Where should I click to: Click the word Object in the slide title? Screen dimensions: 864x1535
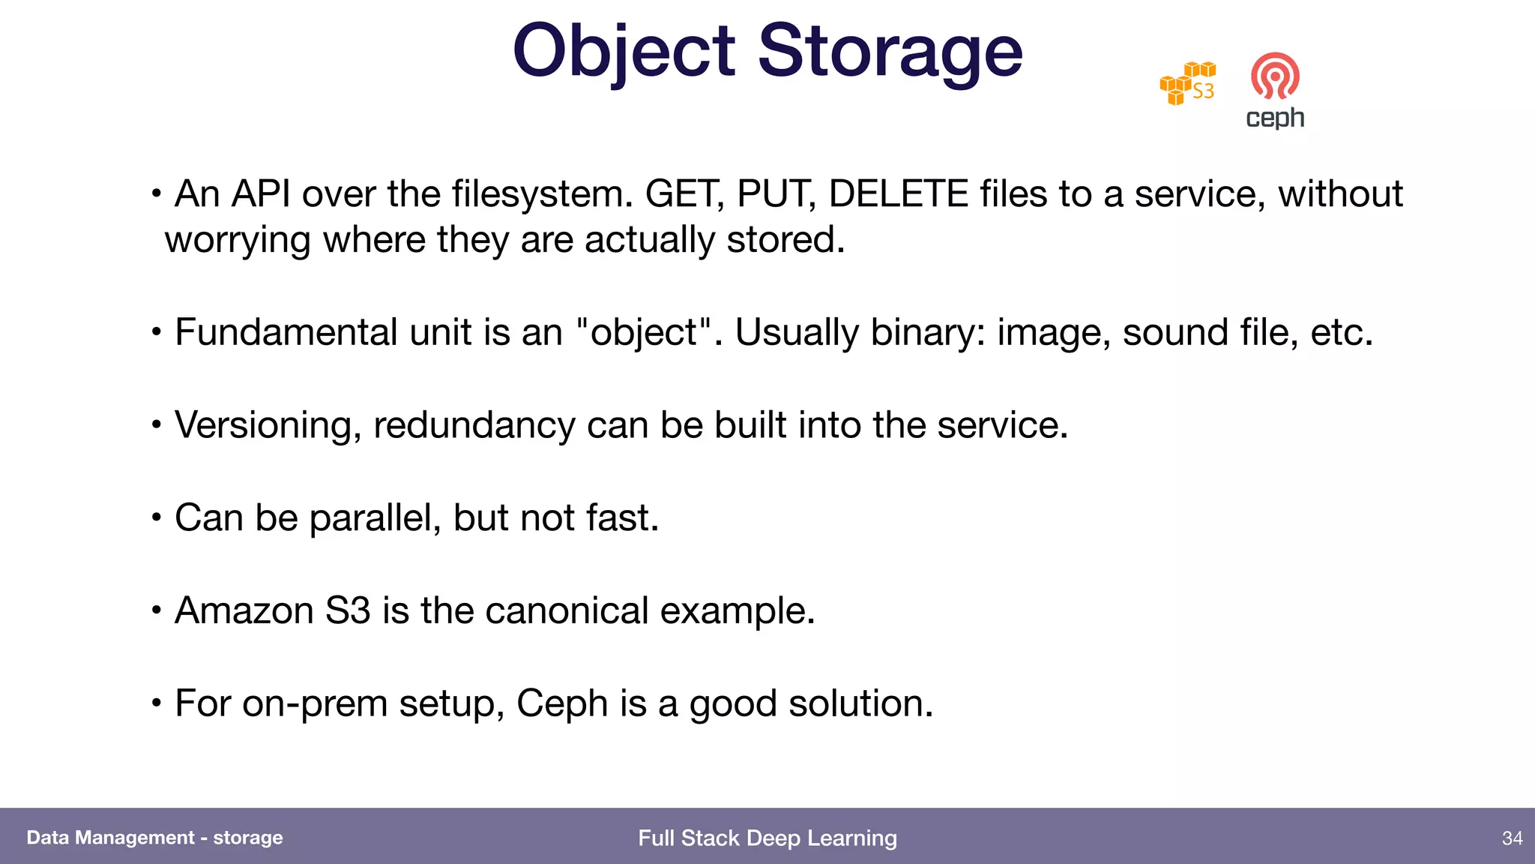click(x=624, y=51)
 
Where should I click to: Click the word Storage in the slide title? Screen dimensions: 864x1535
click(x=890, y=51)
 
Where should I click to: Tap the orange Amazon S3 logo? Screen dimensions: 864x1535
click(x=1188, y=84)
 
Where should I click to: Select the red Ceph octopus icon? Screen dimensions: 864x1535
click(x=1275, y=76)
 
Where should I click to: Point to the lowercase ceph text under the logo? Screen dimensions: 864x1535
click(x=1275, y=118)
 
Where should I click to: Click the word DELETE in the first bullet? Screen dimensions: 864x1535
click(x=899, y=194)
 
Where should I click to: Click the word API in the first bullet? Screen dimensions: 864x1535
click(x=261, y=194)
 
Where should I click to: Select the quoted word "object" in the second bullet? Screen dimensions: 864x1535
click(x=644, y=332)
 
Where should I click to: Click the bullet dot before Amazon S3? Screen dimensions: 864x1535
click(x=156, y=610)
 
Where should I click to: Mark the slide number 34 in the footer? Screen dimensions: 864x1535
click(x=1513, y=838)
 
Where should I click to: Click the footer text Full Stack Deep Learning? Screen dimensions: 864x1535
click(x=767, y=838)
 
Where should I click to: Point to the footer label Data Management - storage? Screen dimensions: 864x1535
click(x=154, y=838)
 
